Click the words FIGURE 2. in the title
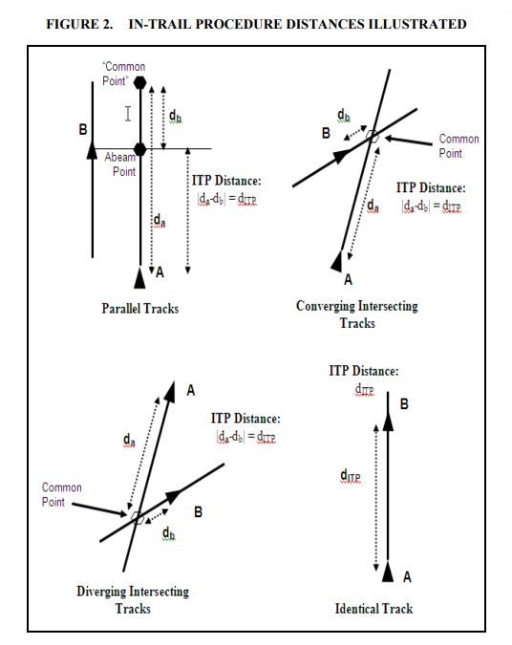point(79,24)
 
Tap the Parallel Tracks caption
point(139,309)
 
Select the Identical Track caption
point(373,609)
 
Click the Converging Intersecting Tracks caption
point(357,314)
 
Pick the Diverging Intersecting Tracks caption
point(133,600)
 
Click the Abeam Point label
point(120,164)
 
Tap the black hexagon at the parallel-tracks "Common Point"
point(139,83)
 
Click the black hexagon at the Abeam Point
point(139,149)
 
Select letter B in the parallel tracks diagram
point(83,130)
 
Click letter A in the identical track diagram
point(407,577)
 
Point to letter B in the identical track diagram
point(404,404)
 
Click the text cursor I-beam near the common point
point(128,114)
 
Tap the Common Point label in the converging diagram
point(459,146)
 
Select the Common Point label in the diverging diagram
point(62,495)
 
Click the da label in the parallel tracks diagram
point(160,221)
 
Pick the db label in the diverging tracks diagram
point(169,533)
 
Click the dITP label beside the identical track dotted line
point(351,476)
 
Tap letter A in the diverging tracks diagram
point(190,391)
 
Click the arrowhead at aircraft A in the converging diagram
point(337,261)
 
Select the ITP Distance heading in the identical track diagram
point(364,371)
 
